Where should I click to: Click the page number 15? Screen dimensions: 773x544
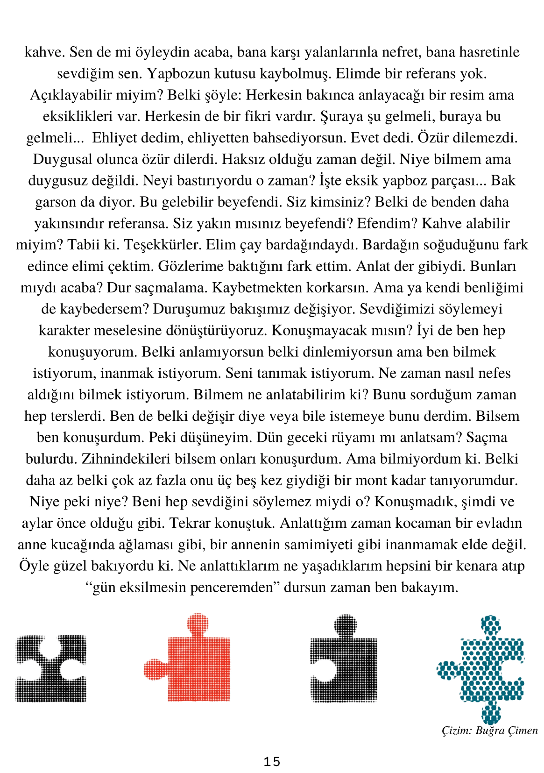[x=272, y=762]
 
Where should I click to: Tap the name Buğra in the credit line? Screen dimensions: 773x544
[x=490, y=730]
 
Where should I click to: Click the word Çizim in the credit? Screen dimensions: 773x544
[x=457, y=730]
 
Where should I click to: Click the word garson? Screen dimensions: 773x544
[x=56, y=202]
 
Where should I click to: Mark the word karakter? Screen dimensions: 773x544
[x=64, y=330]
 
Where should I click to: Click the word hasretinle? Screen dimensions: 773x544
[x=489, y=52]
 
